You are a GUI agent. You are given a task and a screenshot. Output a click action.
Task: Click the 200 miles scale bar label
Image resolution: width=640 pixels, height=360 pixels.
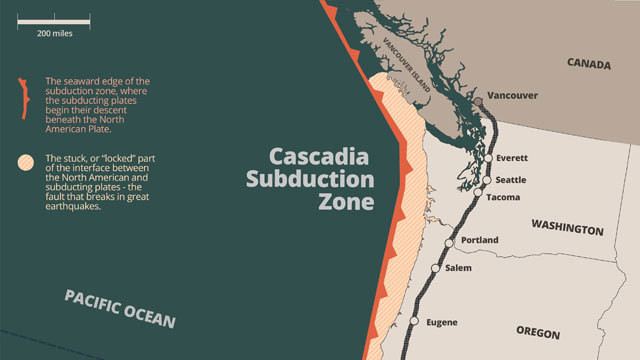tap(54, 33)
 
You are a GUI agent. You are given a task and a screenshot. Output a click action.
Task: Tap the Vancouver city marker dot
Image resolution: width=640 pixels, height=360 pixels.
tap(478, 101)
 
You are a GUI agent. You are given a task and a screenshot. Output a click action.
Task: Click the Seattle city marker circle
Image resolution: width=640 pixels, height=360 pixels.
tap(488, 180)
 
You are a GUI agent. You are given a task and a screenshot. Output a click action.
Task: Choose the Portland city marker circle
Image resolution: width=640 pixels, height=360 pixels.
tap(451, 241)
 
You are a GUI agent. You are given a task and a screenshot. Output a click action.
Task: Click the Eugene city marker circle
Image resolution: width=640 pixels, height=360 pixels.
tap(414, 321)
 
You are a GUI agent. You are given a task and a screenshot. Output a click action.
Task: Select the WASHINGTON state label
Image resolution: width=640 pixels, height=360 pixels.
tap(567, 229)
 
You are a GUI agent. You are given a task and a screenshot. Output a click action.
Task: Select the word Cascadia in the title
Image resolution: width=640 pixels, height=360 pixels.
tap(319, 159)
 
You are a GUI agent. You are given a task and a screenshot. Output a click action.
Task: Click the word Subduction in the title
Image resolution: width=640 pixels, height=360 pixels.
tap(309, 181)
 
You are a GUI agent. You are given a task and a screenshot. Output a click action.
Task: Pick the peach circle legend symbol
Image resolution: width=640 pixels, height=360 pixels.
tap(23, 161)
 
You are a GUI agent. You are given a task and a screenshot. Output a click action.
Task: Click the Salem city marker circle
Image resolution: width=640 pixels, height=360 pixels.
tap(436, 268)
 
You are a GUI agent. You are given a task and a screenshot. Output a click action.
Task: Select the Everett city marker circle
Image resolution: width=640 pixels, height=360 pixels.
tap(488, 159)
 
